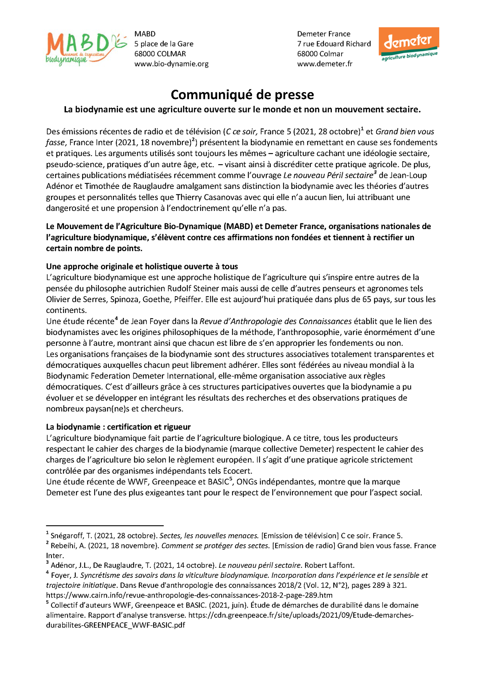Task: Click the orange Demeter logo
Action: pos(409,44)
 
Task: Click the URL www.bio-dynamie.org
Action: pos(171,64)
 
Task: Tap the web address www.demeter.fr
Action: pos(324,64)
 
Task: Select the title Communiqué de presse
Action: pos(242,95)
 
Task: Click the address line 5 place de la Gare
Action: pos(164,44)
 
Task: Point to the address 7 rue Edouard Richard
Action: pos(334,44)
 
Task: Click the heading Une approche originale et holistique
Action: pos(142,266)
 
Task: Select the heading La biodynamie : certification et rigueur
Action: pos(118,427)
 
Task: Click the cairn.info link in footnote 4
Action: pos(189,595)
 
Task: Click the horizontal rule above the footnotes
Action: pos(105,525)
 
